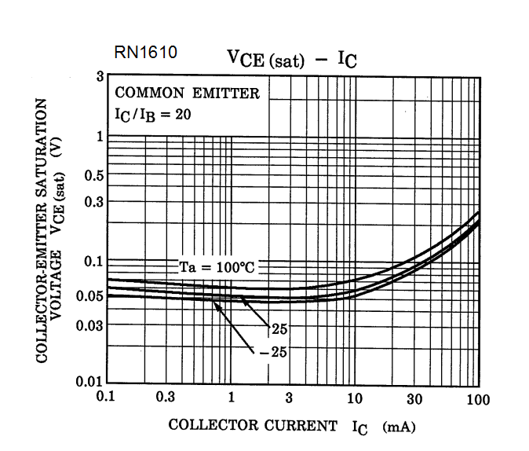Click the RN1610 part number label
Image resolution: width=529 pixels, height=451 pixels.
tap(146, 54)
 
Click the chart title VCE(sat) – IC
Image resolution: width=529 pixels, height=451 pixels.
tap(291, 59)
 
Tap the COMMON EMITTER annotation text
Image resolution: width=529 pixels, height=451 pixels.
tap(187, 93)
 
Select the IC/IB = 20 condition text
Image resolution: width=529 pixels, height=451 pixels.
tap(155, 114)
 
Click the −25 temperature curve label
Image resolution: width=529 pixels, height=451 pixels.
tap(272, 352)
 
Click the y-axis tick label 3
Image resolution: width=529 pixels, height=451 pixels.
tap(100, 77)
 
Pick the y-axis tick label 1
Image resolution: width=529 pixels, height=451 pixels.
tap(100, 137)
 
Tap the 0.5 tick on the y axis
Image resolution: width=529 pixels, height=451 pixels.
tap(94, 174)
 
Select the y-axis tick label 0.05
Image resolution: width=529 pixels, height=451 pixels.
tap(91, 296)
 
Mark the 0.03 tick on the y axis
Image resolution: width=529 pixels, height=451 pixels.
tap(91, 324)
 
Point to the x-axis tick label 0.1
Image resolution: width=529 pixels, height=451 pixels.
tap(106, 398)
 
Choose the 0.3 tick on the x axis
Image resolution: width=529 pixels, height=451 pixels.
tap(166, 398)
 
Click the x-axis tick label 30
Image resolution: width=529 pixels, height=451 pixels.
tap(414, 398)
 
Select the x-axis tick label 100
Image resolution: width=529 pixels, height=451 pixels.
tap(477, 399)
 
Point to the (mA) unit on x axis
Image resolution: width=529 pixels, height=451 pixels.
tap(398, 427)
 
